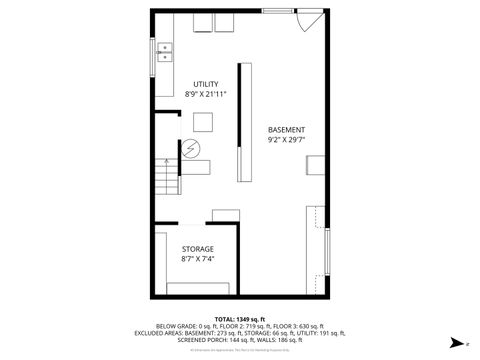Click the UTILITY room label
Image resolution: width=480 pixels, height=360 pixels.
[206, 84]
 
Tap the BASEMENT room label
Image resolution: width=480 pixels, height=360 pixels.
[286, 129]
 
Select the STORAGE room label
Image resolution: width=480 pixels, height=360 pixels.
[197, 248]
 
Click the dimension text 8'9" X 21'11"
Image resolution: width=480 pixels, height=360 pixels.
[206, 94]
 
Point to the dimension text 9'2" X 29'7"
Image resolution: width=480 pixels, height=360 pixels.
[286, 140]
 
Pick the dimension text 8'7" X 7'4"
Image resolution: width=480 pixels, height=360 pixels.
[197, 258]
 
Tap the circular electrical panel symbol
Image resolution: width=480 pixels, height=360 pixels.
[189, 147]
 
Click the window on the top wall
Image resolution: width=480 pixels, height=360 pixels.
[277, 11]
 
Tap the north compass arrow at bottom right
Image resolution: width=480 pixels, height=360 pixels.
[454, 341]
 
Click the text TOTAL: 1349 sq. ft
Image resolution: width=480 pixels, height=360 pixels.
[239, 318]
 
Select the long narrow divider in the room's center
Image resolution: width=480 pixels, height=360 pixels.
[240, 136]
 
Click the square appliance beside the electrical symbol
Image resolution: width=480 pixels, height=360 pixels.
[204, 122]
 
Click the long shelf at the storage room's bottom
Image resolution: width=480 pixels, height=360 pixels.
[197, 288]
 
